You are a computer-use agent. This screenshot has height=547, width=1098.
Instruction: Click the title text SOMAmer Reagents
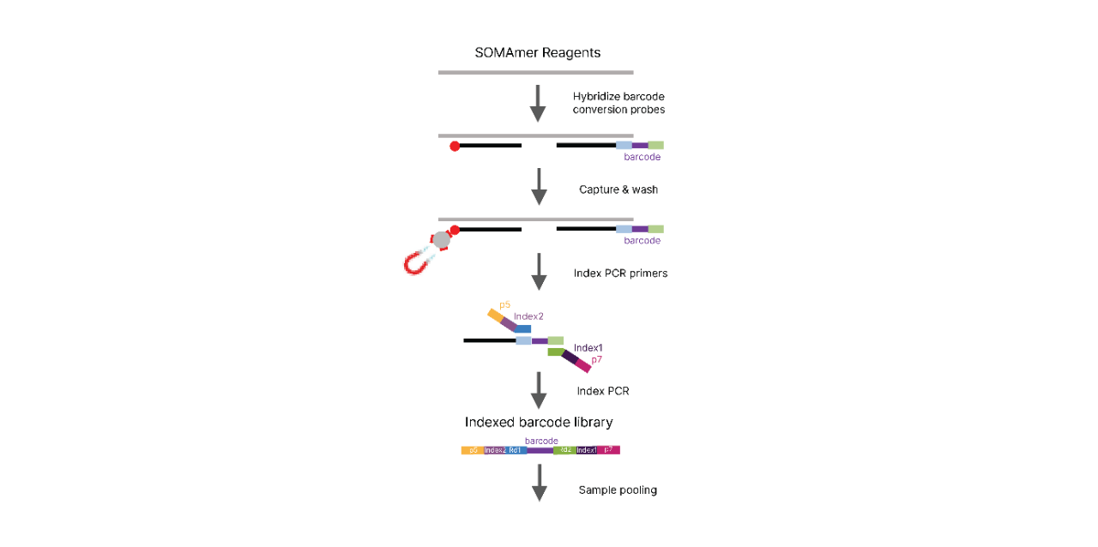coord(537,52)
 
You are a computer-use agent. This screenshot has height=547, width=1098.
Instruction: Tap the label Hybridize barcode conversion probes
coord(618,103)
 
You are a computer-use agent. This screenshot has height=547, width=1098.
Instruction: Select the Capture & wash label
coord(618,189)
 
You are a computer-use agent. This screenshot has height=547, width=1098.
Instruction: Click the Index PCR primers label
coord(620,273)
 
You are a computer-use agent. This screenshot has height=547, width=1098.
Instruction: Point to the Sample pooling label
coord(618,490)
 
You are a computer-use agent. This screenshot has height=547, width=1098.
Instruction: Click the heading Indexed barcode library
coord(539,422)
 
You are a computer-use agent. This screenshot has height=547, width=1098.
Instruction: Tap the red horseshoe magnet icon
coord(419,261)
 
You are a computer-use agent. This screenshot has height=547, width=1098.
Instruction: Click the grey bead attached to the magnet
coord(441,240)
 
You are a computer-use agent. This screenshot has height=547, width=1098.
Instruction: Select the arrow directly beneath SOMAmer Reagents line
coord(538,103)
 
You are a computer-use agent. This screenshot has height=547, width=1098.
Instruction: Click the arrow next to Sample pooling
coord(539,483)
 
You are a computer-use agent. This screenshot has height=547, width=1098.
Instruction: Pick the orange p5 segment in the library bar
coord(473,450)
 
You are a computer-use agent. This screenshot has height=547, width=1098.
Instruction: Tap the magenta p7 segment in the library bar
coord(609,450)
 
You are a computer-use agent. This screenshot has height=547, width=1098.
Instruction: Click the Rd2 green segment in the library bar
coord(564,450)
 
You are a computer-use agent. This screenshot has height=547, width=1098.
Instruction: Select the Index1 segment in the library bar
coord(587,450)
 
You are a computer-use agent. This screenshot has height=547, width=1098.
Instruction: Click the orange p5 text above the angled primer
coord(504,304)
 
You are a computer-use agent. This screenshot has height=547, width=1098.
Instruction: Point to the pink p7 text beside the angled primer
coord(597,359)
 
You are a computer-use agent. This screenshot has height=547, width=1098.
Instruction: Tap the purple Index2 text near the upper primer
coord(528,316)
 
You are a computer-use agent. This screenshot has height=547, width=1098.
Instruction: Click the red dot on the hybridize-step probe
coord(455,146)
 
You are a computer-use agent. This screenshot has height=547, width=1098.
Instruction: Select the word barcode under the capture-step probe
coord(642,241)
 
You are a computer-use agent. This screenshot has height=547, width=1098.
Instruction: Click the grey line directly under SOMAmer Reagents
coord(535,73)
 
